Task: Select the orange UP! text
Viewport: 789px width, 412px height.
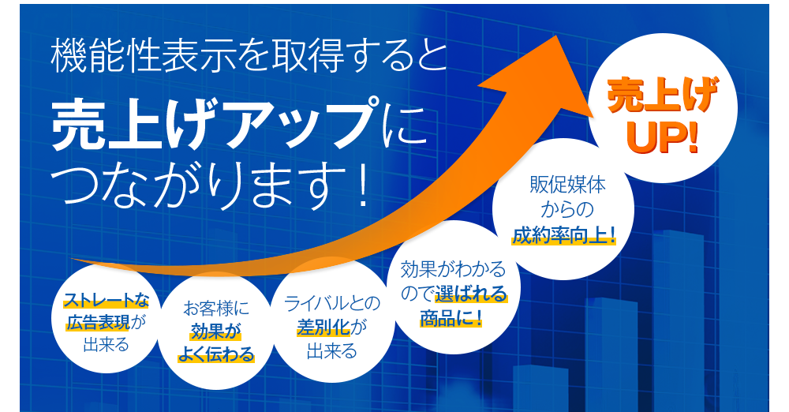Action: click(x=663, y=137)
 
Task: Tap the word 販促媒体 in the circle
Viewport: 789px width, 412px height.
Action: click(x=563, y=187)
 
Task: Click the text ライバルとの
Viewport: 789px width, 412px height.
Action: click(x=332, y=303)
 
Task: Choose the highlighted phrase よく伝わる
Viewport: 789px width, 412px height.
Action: click(x=215, y=354)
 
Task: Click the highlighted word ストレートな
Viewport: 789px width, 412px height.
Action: click(x=105, y=299)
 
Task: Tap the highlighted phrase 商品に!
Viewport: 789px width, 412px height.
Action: click(x=451, y=320)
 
